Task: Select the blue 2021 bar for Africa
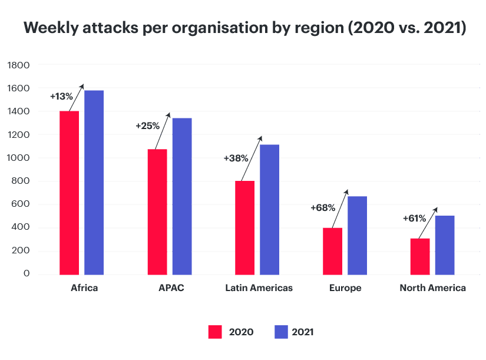94,183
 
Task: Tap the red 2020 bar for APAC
157,212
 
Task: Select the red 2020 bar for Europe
332,251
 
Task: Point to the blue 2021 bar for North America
444,245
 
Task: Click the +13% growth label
61,96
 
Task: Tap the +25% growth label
147,125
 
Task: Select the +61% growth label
414,218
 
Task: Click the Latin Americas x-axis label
259,288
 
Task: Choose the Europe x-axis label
345,288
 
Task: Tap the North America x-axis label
432,288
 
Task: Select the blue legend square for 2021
282,332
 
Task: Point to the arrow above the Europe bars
338,209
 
